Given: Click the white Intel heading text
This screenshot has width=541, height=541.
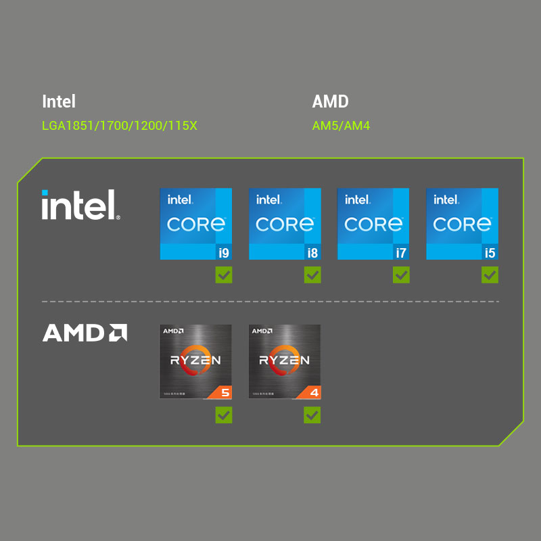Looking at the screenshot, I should pyautogui.click(x=59, y=101).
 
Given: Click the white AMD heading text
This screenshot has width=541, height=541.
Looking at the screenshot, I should pyautogui.click(x=330, y=101).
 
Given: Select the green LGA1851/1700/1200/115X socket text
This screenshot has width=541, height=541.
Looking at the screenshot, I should pyautogui.click(x=119, y=126).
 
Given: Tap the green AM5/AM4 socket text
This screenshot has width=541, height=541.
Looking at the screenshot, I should pyautogui.click(x=341, y=126).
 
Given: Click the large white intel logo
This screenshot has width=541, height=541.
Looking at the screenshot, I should pyautogui.click(x=80, y=205).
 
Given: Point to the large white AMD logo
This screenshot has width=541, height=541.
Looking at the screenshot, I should pyautogui.click(x=85, y=333).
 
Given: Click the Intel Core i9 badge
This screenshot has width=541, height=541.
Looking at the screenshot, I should pyautogui.click(x=196, y=224).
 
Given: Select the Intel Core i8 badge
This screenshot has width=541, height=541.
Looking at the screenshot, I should pyautogui.click(x=285, y=224).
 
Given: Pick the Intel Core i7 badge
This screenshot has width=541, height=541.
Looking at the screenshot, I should pyautogui.click(x=373, y=224).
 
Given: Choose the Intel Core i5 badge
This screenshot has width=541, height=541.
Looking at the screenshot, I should pyautogui.click(x=462, y=224).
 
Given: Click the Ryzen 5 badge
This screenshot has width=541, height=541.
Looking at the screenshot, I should pyautogui.click(x=195, y=361).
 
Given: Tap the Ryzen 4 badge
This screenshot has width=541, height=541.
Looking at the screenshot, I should pyautogui.click(x=285, y=361).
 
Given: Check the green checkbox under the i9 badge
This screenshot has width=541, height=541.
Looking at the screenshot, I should pyautogui.click(x=224, y=275).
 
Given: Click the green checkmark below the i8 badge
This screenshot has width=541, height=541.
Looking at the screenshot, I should pyautogui.click(x=312, y=275).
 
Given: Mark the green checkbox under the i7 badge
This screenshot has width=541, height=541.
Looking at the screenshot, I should pyautogui.click(x=401, y=275).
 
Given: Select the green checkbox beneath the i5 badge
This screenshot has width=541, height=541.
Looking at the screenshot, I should pyautogui.click(x=490, y=275).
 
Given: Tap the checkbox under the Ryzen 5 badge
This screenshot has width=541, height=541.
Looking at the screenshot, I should pyautogui.click(x=224, y=415).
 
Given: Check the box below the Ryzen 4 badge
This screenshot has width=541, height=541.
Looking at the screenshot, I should pyautogui.click(x=312, y=415).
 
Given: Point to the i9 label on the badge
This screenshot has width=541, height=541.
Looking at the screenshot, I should pyautogui.click(x=223, y=253).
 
